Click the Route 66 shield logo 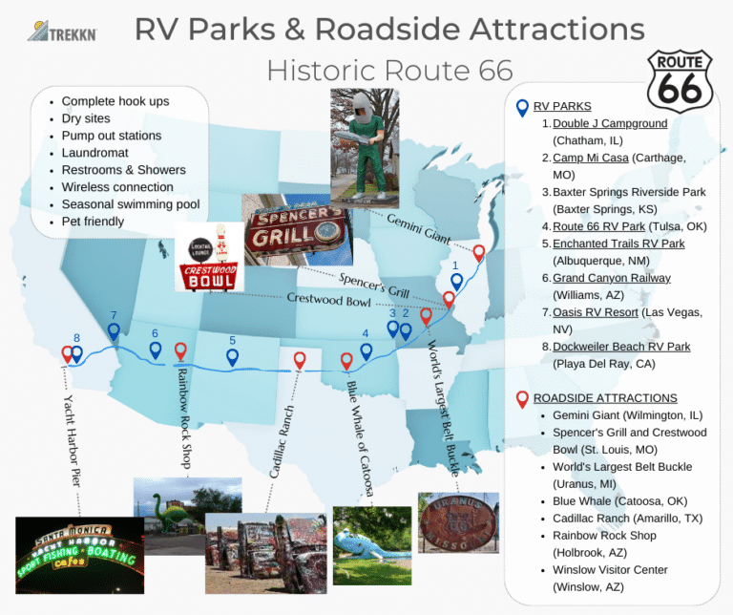coord(680,82)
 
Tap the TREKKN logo coord(62,32)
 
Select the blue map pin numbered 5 coord(232,357)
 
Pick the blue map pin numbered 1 coord(456,282)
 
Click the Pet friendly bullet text coord(93,222)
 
